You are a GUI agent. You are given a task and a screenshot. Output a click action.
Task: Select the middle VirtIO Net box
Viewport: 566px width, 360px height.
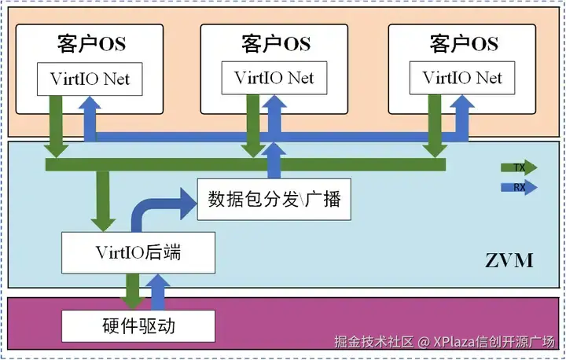pos(274,79)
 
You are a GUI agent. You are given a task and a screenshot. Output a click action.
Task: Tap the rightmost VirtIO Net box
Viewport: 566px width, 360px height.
pos(462,79)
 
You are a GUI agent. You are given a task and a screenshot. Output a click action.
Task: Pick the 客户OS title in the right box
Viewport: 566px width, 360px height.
pos(464,43)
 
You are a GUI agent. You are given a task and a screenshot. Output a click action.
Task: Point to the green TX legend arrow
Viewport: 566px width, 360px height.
pos(519,167)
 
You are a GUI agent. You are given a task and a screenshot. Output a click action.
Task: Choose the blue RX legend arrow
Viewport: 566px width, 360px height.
pos(519,187)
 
